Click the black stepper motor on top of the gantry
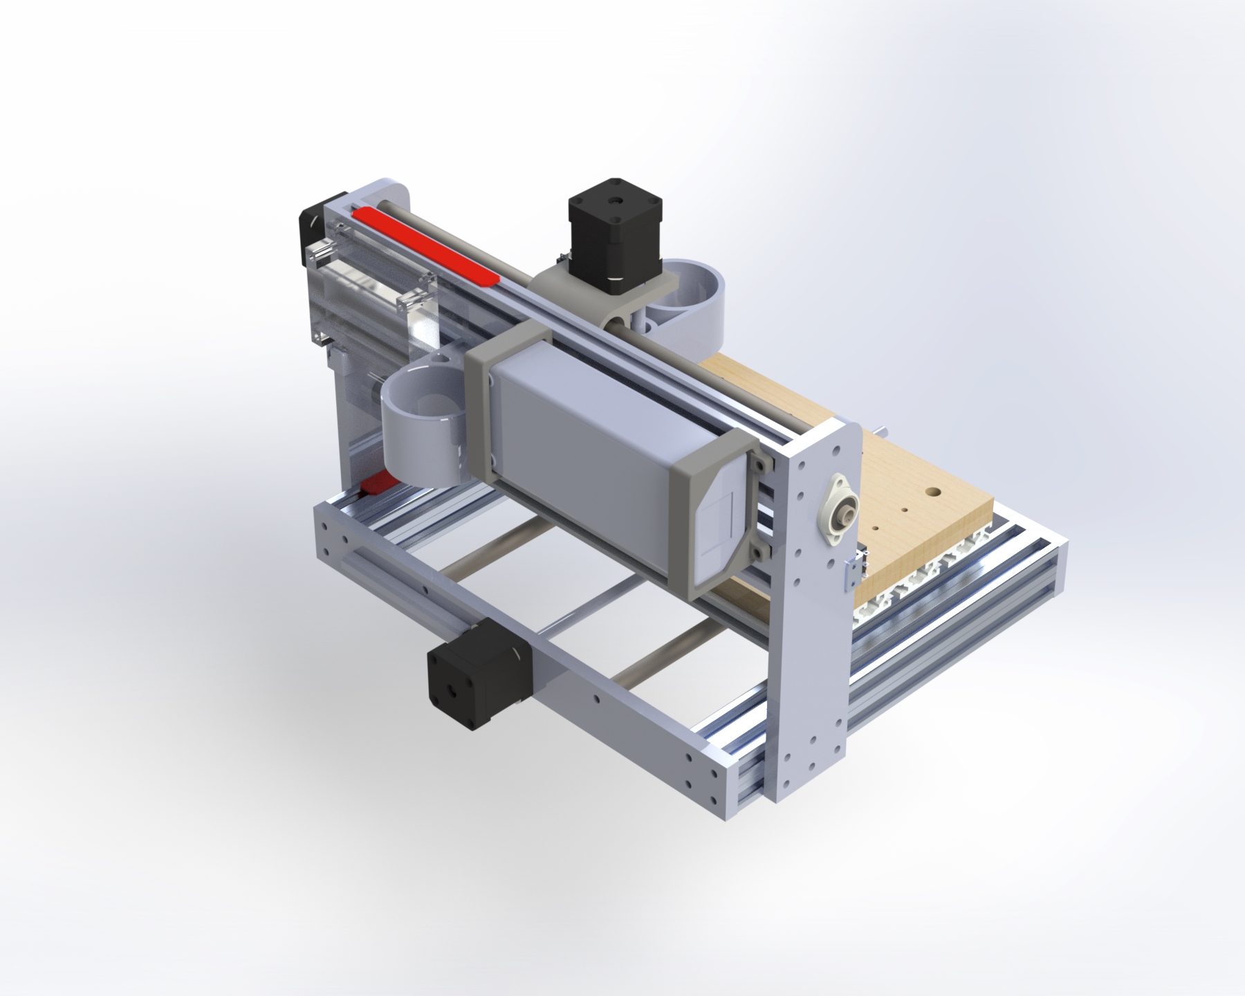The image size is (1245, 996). point(614,232)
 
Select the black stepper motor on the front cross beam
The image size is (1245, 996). point(477,681)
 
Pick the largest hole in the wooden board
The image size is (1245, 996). point(933,492)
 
